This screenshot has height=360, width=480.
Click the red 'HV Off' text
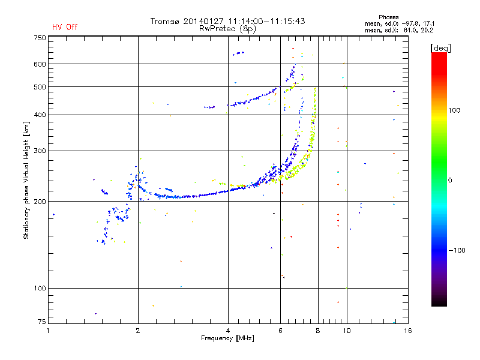point(65,27)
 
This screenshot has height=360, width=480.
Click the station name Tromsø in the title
point(164,21)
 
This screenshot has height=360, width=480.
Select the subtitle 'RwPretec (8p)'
point(227,29)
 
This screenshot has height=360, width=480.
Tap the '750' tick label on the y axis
point(40,38)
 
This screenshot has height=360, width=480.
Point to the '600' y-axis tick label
point(40,64)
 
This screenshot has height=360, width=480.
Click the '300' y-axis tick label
point(40,151)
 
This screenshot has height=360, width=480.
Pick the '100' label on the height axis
point(40,289)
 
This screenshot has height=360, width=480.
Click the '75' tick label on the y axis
point(41,322)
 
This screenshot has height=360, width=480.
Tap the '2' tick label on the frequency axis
point(138,331)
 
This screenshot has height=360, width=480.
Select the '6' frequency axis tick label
point(280,331)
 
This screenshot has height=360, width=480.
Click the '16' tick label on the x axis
point(408,331)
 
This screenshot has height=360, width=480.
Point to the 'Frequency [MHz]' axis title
point(227,338)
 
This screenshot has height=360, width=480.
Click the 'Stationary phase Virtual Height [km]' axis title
point(26,181)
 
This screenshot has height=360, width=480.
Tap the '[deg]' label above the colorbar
point(440,49)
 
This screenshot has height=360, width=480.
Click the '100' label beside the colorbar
point(454,110)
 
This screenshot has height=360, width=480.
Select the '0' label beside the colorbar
point(450,181)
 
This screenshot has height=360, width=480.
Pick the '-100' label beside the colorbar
point(457,250)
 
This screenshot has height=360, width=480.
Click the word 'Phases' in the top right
point(388,17)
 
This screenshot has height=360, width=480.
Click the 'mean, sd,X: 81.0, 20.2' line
point(399,31)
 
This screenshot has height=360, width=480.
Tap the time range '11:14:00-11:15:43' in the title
point(266,21)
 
